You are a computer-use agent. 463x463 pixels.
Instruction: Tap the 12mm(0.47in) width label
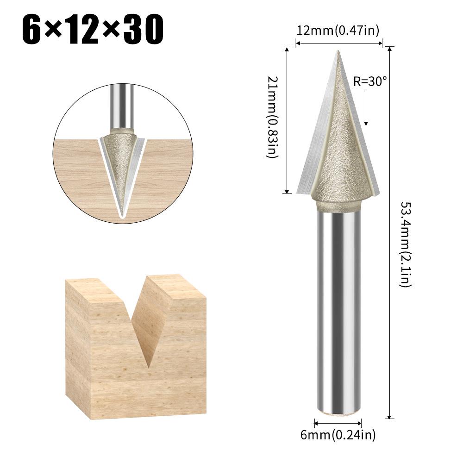[x=338, y=31]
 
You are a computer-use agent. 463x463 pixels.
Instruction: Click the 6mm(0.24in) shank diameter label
[x=338, y=435]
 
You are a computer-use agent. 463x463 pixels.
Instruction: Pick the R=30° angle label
[x=370, y=81]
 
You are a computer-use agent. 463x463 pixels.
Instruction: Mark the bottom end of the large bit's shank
[x=338, y=411]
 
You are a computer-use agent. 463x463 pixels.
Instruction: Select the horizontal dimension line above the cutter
[x=338, y=44]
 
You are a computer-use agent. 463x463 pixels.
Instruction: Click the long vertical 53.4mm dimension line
[x=391, y=231]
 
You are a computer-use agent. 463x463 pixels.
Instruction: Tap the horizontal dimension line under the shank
[x=338, y=422]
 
